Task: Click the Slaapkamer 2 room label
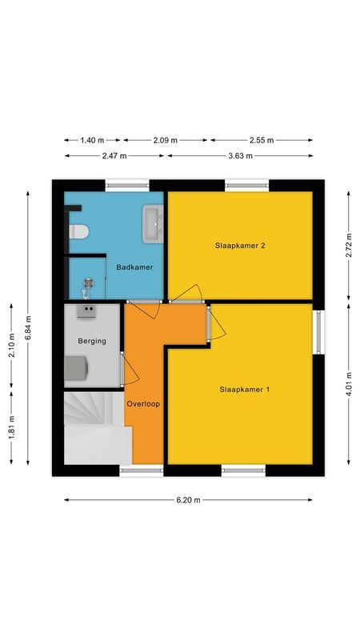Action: tap(240, 245)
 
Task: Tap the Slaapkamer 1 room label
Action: tap(245, 390)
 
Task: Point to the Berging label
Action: tap(91, 341)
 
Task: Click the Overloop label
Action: tap(143, 404)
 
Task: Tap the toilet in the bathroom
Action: tap(78, 232)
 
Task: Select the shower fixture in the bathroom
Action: tap(88, 281)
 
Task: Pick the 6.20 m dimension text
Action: tap(189, 500)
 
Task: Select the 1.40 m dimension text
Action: tap(92, 140)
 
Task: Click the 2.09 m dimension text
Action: tap(164, 140)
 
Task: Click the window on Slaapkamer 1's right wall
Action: tap(319, 332)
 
